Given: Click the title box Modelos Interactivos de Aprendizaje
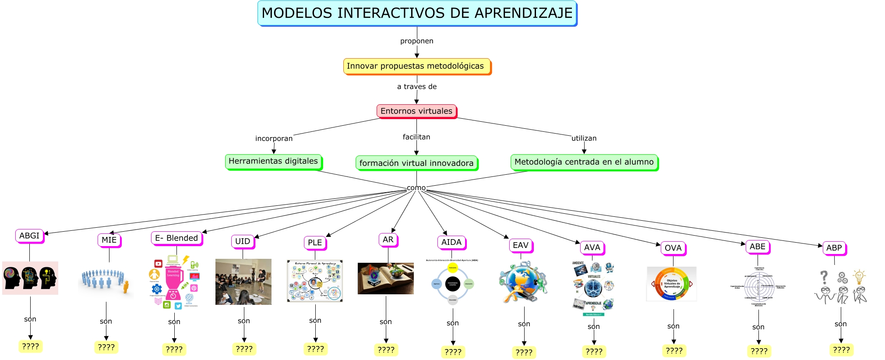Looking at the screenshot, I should [x=417, y=13].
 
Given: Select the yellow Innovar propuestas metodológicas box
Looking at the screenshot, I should [x=416, y=66].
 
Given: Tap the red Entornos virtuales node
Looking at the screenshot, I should [x=416, y=111].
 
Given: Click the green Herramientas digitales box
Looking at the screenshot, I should [x=273, y=161].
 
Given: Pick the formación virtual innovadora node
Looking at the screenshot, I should [x=416, y=163].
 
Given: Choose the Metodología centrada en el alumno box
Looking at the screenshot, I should [x=584, y=162].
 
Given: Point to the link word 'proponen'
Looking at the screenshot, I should [x=416, y=41].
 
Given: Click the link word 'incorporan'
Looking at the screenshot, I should [x=274, y=138].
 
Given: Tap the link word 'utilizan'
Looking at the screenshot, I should [x=584, y=138].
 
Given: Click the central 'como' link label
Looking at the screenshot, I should [x=416, y=188].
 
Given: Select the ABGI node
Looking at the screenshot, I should [x=29, y=236].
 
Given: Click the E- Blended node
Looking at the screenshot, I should [x=176, y=238].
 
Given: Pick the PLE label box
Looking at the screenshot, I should [x=314, y=243].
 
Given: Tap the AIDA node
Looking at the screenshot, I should [x=451, y=242].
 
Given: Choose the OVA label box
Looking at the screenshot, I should [x=673, y=248].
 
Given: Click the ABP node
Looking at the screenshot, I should [x=834, y=248].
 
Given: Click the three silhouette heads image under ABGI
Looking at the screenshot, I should [x=30, y=278].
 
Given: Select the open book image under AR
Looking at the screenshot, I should [x=385, y=279].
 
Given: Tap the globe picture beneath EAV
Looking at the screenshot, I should [x=523, y=282].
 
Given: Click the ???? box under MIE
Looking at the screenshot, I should [x=106, y=347].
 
